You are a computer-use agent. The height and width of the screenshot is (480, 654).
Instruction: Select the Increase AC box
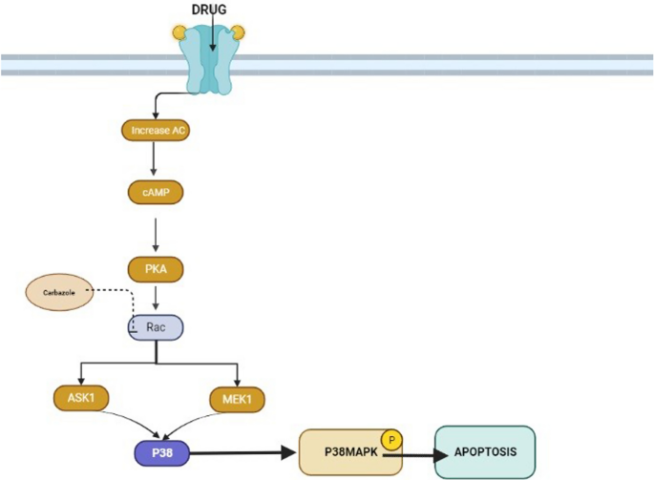pyautogui.click(x=155, y=129)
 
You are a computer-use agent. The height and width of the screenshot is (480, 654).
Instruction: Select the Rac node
pyautogui.click(x=155, y=327)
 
